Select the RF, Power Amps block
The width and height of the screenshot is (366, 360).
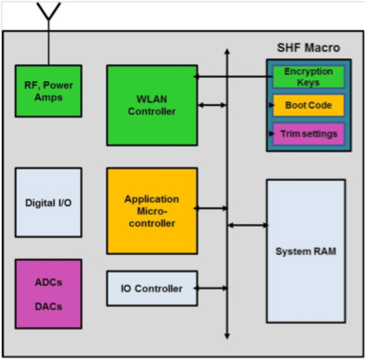[49, 91]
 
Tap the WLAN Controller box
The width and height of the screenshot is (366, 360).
[152, 105]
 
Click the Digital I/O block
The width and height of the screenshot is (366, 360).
[49, 202]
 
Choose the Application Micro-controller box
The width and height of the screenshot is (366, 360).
[152, 211]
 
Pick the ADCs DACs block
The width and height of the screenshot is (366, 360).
[49, 294]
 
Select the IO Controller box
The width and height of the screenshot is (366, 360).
[152, 289]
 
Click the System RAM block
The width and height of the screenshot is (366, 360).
[306, 251]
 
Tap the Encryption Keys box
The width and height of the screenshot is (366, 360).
[309, 77]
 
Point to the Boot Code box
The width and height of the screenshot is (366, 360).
[309, 105]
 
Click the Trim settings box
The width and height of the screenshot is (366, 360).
[309, 134]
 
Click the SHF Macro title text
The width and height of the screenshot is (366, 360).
[309, 48]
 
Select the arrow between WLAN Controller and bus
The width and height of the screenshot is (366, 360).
[213, 105]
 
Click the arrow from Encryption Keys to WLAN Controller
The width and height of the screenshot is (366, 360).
[233, 77]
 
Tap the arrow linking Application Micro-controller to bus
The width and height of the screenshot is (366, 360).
[211, 208]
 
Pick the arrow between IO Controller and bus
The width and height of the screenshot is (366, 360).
[211, 289]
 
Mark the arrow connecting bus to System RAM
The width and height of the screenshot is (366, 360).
[248, 225]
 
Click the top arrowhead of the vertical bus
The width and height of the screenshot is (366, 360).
[227, 51]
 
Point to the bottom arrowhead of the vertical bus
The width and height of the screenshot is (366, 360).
[227, 336]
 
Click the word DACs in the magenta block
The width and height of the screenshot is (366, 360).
[49, 306]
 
